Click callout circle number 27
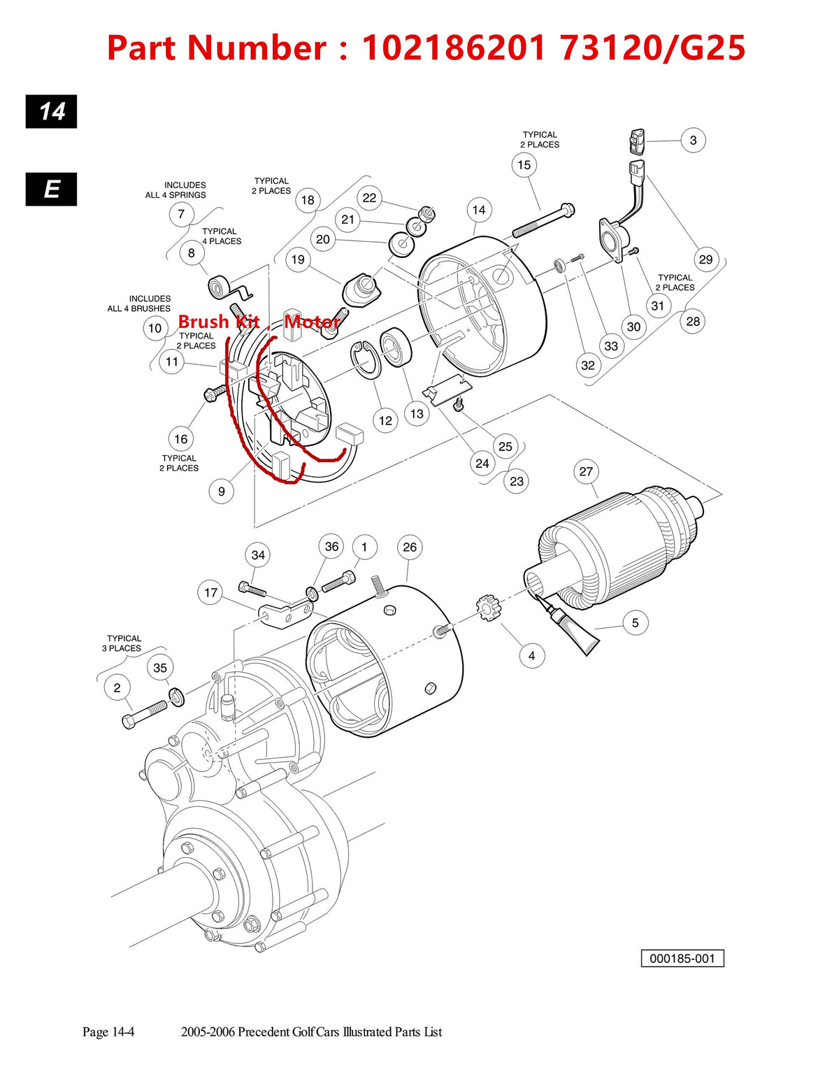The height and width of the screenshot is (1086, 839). point(586,471)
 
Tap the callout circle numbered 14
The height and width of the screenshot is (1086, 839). point(478,210)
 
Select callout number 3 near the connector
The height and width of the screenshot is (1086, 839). point(693,140)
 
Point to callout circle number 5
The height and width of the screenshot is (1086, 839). point(635,622)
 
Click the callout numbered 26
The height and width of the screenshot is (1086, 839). point(410,547)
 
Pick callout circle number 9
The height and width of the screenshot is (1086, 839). point(222,491)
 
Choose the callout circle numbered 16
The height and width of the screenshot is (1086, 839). point(181,438)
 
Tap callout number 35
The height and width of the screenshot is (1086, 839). point(160,668)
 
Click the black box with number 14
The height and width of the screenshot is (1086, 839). point(52,112)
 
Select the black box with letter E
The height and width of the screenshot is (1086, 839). point(52,189)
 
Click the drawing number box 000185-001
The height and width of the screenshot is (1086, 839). point(682,958)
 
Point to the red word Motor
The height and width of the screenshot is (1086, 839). point(312,322)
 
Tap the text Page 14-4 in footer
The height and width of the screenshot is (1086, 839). point(108,1031)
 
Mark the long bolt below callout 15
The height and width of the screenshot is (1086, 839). point(544,220)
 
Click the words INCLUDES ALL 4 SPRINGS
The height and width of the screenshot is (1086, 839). point(176,190)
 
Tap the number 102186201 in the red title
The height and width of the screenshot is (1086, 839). point(454,48)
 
